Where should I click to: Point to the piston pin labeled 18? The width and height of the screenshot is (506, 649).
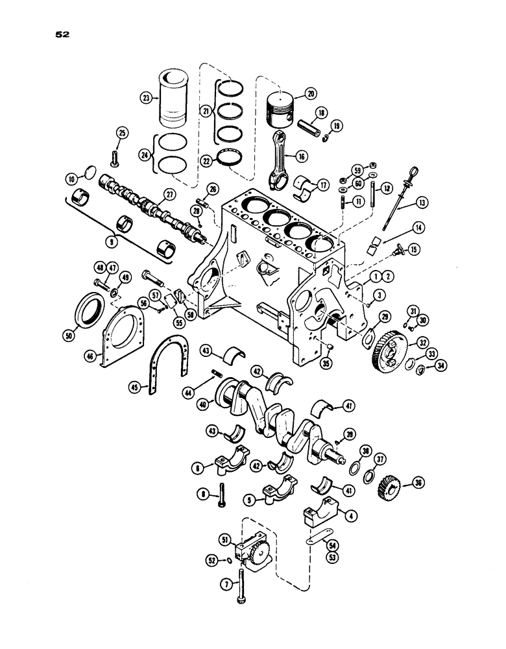319,121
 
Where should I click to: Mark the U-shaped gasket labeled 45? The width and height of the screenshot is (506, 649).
134,388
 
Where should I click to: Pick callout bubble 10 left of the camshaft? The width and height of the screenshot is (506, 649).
73,177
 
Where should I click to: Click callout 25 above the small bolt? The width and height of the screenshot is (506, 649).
121,133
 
